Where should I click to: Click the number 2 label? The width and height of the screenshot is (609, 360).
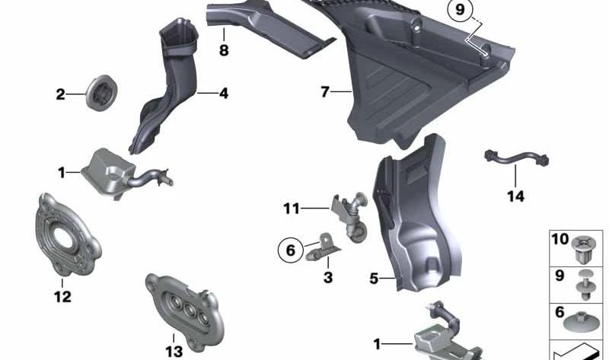click(60, 95)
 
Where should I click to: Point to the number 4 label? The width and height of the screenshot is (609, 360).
click(223, 94)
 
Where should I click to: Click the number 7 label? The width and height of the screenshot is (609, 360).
click(325, 92)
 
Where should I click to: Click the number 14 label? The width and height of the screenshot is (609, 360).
click(515, 196)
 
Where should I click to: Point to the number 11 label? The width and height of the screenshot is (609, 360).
click(292, 208)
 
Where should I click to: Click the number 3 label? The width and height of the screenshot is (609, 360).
click(328, 278)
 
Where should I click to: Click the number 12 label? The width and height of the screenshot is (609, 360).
click(62, 296)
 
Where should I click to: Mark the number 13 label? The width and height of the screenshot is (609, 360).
click(174, 351)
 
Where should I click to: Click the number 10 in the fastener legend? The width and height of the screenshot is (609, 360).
click(560, 240)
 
